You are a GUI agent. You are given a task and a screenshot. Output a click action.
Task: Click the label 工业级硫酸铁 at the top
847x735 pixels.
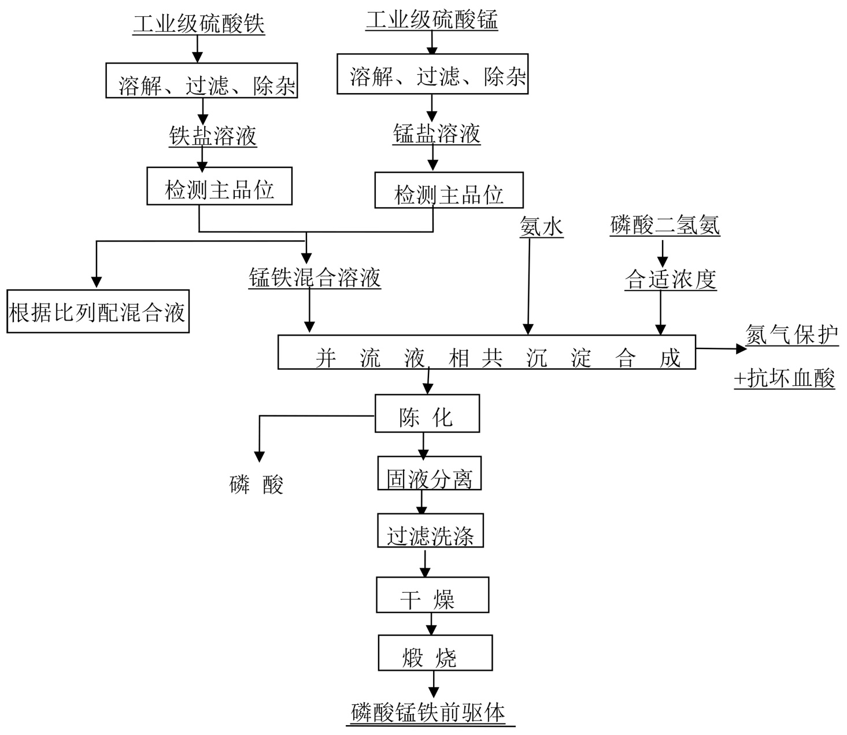tap(198, 24)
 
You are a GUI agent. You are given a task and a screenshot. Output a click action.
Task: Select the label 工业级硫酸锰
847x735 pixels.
tap(431, 20)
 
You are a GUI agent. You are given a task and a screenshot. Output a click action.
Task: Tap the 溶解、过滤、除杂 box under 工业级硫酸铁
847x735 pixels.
tap(202, 80)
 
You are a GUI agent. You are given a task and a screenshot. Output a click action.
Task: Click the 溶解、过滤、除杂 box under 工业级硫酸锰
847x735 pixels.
tap(432, 74)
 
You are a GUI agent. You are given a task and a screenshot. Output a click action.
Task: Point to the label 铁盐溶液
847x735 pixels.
tap(213, 136)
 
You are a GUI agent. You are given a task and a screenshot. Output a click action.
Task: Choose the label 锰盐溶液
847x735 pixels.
tap(437, 134)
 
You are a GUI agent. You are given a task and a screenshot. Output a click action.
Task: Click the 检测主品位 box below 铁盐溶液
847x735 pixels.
tap(219, 186)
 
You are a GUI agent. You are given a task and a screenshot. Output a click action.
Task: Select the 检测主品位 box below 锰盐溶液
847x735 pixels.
tap(449, 190)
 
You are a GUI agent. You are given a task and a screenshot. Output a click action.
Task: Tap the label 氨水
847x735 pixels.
tap(541, 227)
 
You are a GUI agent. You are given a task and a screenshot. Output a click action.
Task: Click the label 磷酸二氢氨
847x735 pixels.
tap(665, 225)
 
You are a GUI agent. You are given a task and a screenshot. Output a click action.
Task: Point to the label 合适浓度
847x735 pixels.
tap(671, 280)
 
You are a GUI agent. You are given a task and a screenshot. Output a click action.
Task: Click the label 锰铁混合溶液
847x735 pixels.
tap(315, 278)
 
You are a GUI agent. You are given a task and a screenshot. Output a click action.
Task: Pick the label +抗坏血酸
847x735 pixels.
tap(785, 378)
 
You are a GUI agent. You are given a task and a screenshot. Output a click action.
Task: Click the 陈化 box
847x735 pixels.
tap(427, 413)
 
